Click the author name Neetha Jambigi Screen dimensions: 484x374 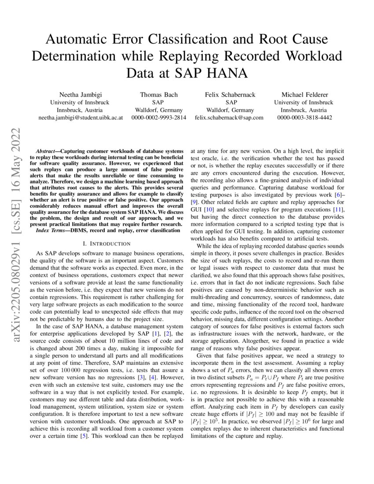click(80, 95)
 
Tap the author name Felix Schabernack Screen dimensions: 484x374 click(230, 95)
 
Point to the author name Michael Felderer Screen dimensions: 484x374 click(304, 95)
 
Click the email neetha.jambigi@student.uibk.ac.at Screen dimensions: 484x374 click(80, 117)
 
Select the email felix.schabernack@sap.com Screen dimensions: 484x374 click(230, 117)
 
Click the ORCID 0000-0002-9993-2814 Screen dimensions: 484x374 click(158, 117)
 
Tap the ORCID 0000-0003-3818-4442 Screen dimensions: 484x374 click(304, 117)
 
